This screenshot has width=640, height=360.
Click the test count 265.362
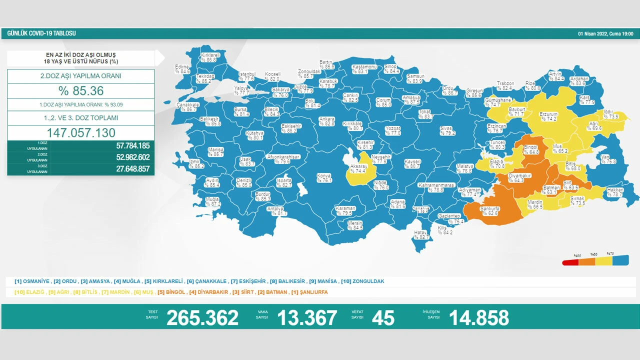pyautogui.click(x=202, y=317)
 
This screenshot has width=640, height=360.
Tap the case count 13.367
pyautogui.click(x=307, y=317)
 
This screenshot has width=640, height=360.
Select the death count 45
pyautogui.click(x=383, y=317)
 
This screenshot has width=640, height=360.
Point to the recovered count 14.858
pyautogui.click(x=478, y=317)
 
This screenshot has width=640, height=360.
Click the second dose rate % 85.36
pyautogui.click(x=80, y=91)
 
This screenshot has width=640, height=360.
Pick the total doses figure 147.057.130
pyautogui.click(x=80, y=133)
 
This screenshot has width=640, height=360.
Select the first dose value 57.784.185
pyautogui.click(x=125, y=146)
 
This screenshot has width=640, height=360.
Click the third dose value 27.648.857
pyautogui.click(x=125, y=169)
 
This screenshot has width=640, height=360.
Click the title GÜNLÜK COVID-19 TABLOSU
pyautogui.click(x=41, y=33)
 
